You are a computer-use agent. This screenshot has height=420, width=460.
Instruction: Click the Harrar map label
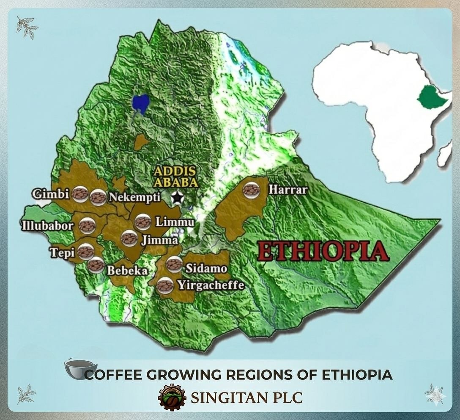pyautogui.click(x=288, y=190)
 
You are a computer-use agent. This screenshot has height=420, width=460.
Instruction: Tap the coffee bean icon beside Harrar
pyautogui.click(x=251, y=190)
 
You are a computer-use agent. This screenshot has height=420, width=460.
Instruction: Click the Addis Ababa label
pyautogui.click(x=175, y=177)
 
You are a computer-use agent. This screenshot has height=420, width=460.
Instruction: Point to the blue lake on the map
pyautogui.click(x=140, y=104)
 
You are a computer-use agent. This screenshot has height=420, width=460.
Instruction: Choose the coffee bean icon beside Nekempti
pyautogui.click(x=98, y=196)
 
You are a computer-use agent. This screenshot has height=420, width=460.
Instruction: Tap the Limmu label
pyautogui.click(x=175, y=222)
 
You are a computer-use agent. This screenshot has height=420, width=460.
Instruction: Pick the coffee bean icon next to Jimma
pyautogui.click(x=129, y=238)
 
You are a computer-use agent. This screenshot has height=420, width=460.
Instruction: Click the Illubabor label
pyautogui.click(x=47, y=225)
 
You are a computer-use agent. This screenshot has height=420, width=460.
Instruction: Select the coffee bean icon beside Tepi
pyautogui.click(x=85, y=252)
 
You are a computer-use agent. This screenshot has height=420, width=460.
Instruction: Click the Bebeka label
pyautogui.click(x=127, y=271)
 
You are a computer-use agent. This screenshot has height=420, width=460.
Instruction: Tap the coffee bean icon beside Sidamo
pyautogui.click(x=174, y=264)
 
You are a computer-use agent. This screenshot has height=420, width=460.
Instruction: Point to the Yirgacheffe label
pyautogui.click(x=211, y=285)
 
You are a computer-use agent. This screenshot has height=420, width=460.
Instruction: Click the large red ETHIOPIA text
pyautogui.click(x=323, y=251)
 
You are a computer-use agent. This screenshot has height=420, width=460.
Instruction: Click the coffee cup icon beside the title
pyautogui.click(x=80, y=368)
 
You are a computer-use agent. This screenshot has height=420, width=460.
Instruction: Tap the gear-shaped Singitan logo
pyautogui.click(x=172, y=398)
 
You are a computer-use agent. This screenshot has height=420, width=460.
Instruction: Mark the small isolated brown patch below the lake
pyautogui.click(x=141, y=142)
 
